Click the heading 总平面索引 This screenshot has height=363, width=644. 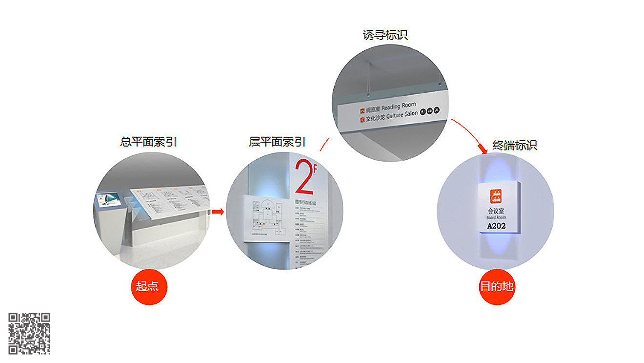click(148, 142)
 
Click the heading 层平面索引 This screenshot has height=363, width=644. click(277, 142)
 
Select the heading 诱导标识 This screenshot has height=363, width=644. click(385, 35)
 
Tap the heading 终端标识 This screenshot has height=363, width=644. click(515, 145)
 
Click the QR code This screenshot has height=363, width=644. click(29, 333)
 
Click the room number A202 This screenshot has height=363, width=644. click(497, 226)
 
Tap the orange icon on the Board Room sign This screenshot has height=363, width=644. click(497, 196)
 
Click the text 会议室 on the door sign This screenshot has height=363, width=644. click(496, 212)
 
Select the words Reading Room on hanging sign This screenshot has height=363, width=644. click(399, 106)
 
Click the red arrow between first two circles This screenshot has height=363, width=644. click(217, 212)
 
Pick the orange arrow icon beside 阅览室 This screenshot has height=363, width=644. click(362, 110)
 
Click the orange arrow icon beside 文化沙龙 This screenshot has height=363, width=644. click(362, 118)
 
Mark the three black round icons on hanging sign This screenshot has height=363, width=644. click(430, 111)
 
